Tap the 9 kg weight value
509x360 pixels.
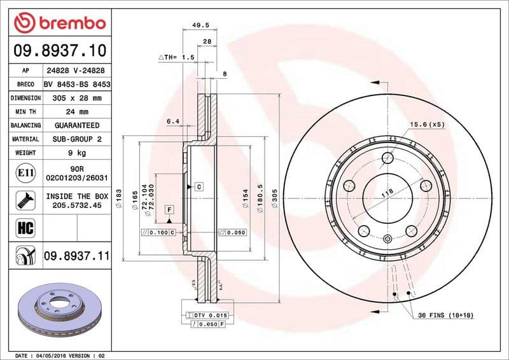(77, 153)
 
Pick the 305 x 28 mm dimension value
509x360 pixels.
(77, 98)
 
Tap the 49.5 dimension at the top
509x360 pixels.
(201, 26)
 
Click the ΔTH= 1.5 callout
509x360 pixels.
(176, 57)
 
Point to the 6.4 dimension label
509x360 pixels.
(173, 121)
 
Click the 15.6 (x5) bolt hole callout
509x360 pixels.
(426, 124)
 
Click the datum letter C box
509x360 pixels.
(199, 186)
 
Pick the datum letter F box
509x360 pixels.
(169, 209)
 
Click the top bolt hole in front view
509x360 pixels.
(387, 159)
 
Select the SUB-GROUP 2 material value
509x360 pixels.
(77, 139)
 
